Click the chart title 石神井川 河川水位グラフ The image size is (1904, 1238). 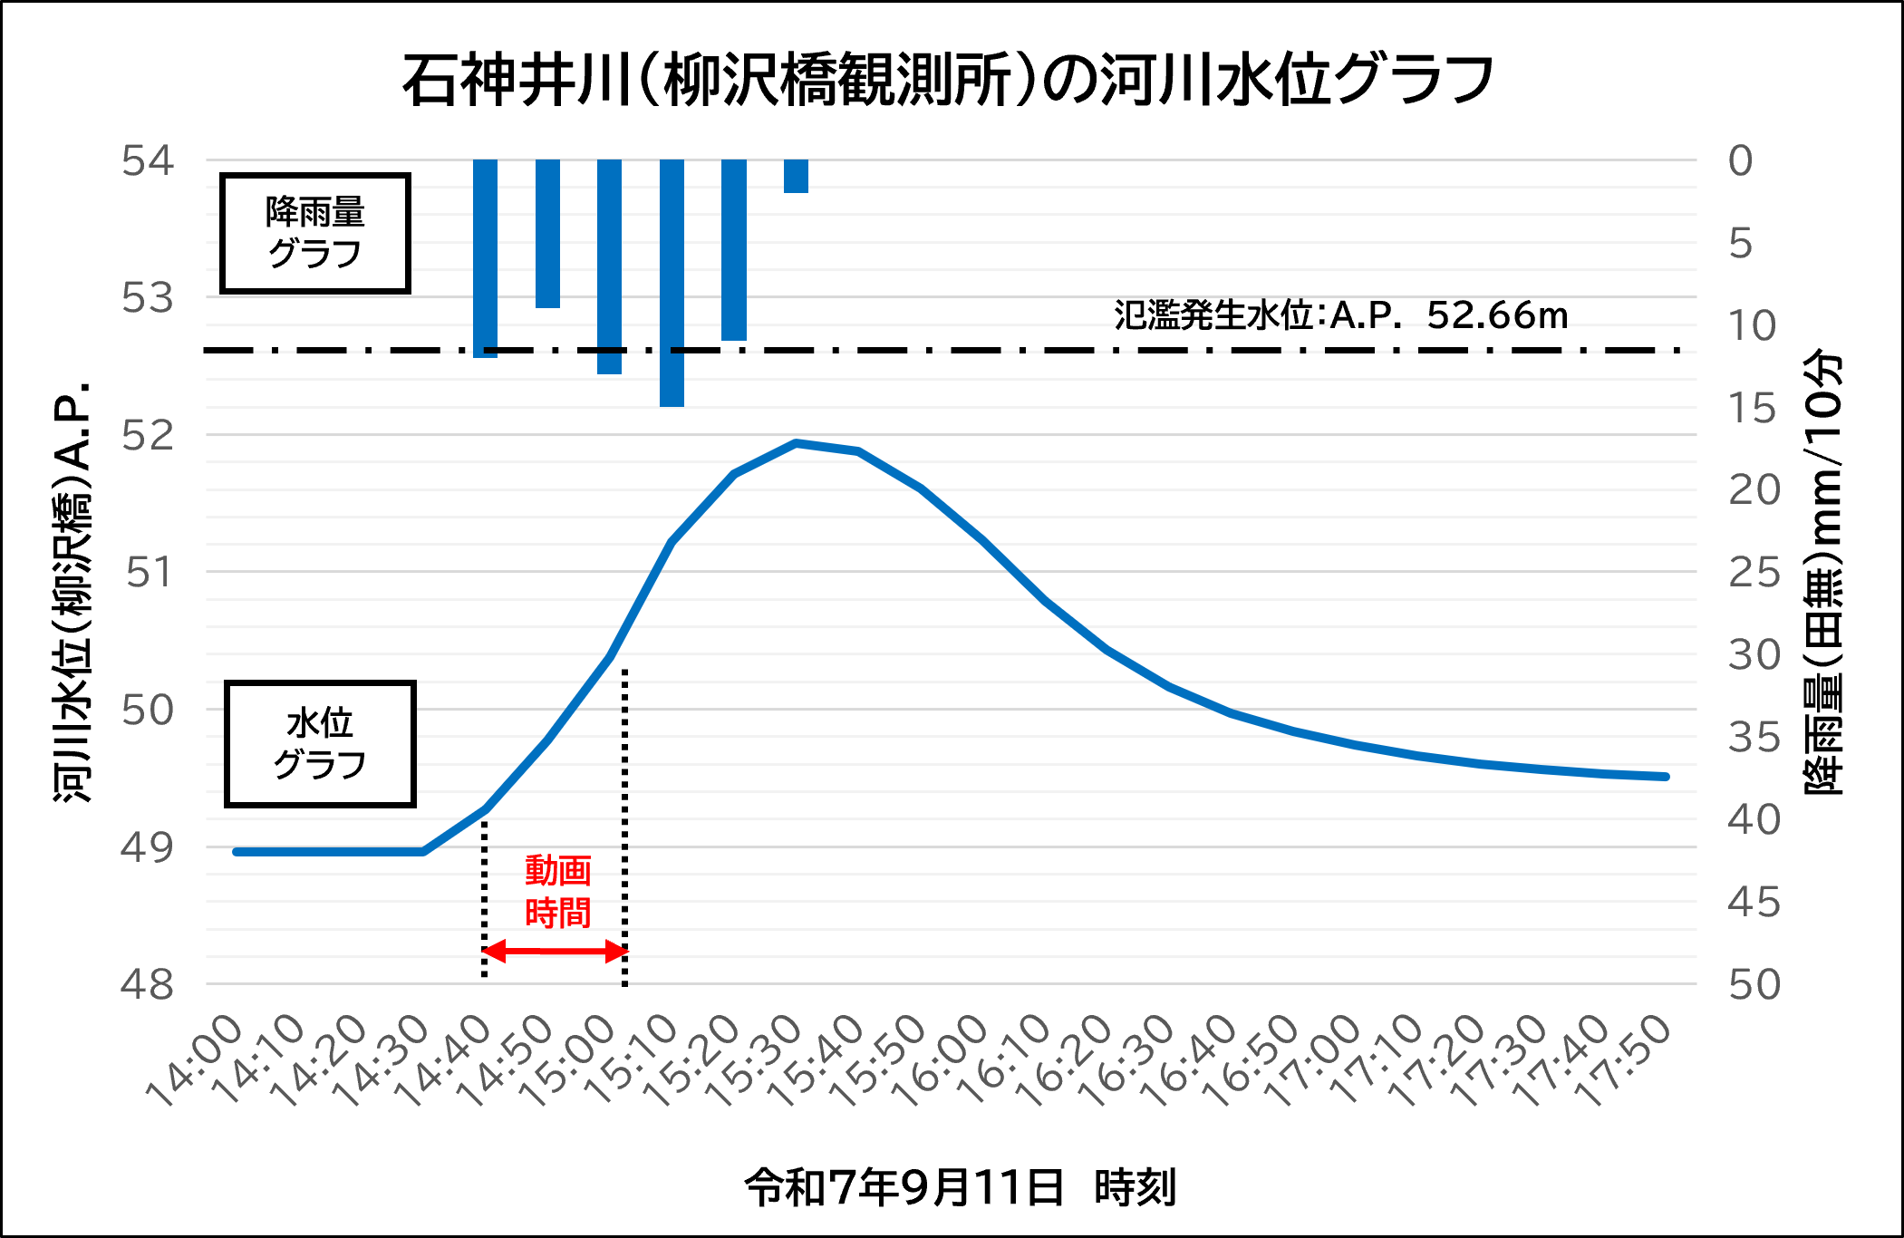[948, 81]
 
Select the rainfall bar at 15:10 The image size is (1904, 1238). [672, 283]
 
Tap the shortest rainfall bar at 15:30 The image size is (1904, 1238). [796, 176]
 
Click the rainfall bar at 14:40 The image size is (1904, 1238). [485, 258]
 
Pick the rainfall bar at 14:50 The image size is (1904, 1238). [547, 234]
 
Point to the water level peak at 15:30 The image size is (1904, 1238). [796, 443]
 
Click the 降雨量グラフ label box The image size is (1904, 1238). [315, 234]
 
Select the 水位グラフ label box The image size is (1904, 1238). [320, 744]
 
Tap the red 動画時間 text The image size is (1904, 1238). [557, 892]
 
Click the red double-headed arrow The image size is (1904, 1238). [555, 952]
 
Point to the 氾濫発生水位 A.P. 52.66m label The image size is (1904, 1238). [1340, 315]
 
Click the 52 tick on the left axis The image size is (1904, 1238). [148, 436]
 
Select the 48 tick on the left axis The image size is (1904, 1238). [148, 984]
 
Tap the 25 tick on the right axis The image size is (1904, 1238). [1754, 573]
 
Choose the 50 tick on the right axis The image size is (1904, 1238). [1754, 985]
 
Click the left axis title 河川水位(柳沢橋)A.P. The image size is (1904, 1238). [72, 591]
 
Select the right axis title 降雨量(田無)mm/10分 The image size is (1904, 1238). [1823, 573]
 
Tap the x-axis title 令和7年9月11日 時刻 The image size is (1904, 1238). [960, 1187]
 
